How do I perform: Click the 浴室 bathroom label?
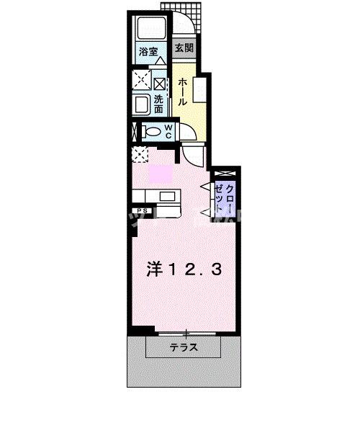coord(148,52)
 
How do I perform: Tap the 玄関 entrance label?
coord(184,49)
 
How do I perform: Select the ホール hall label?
coord(183,91)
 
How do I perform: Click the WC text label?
coord(167,131)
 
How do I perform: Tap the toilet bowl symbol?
coord(150,132)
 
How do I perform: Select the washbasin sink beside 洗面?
coord(141,105)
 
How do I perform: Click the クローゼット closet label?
coord(225,197)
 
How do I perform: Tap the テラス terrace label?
coord(184,348)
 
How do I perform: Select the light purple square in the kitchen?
coord(159,174)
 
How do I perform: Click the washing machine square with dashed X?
coord(140,80)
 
